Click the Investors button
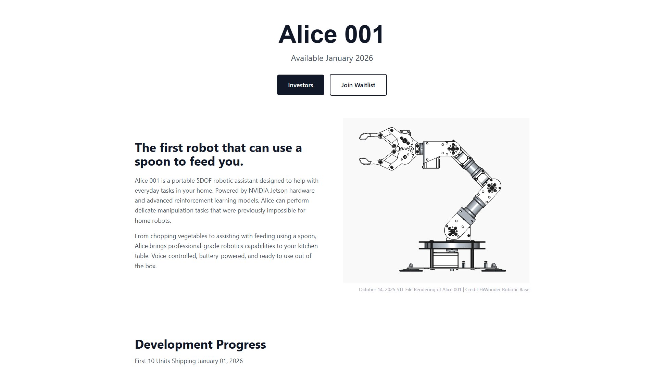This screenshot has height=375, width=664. coord(300,85)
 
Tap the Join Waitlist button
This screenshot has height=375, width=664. coord(358,85)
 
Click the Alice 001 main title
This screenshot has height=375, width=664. coord(331,35)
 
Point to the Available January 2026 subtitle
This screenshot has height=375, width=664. coord(331,58)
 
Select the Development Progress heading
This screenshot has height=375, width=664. coord(200,344)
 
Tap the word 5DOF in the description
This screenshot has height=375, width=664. coord(204,181)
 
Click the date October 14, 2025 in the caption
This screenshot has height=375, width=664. coord(377,289)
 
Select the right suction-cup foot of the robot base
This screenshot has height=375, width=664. coord(493,269)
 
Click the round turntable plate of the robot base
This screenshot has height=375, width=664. coord(452,245)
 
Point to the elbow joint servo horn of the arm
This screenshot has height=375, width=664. coord(492,187)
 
